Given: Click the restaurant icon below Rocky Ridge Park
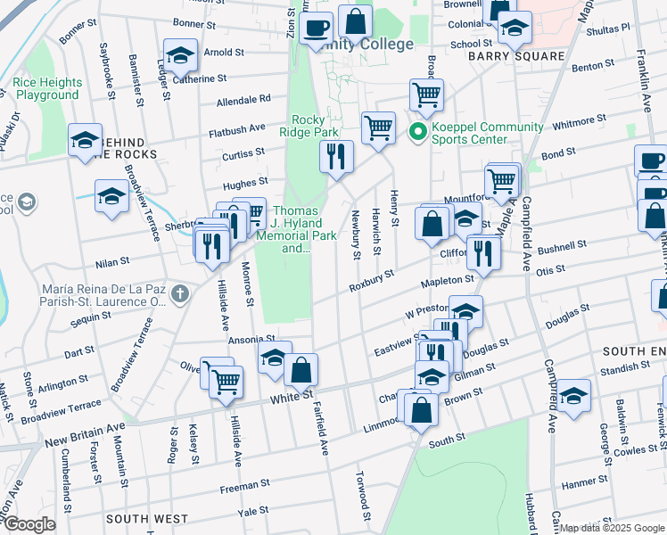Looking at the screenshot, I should (337, 157).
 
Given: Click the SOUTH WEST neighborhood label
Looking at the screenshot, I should (146, 518).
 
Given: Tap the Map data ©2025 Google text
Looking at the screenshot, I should (611, 528).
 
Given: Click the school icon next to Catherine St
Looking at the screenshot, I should (180, 56).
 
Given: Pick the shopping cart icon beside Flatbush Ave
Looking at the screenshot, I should (379, 128).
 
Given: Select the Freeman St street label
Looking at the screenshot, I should (245, 484).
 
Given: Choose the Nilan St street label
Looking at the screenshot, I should (113, 263).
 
